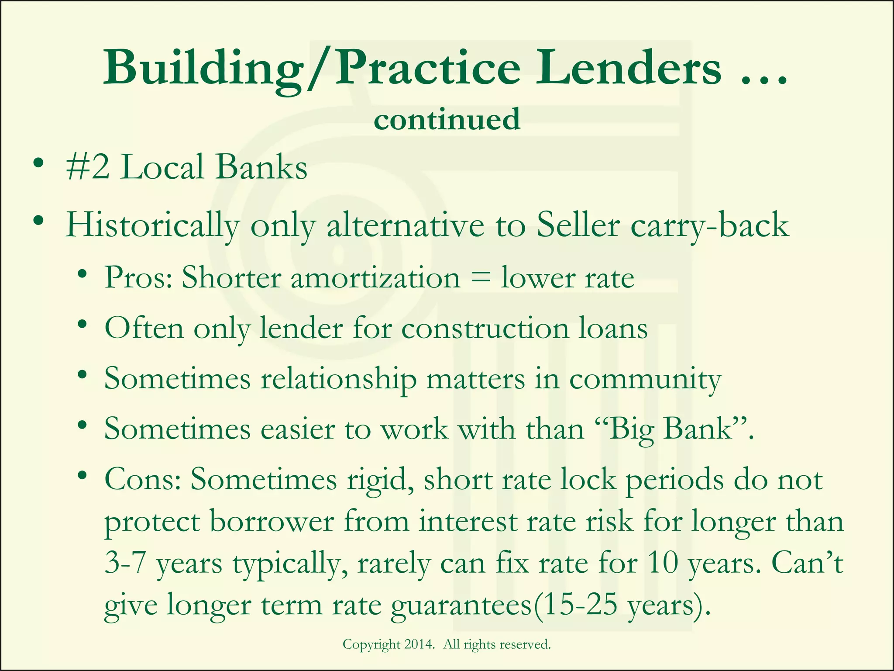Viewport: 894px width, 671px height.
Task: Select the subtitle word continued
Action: point(447,119)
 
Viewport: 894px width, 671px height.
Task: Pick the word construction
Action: point(485,328)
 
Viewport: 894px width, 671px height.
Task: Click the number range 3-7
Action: point(125,563)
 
